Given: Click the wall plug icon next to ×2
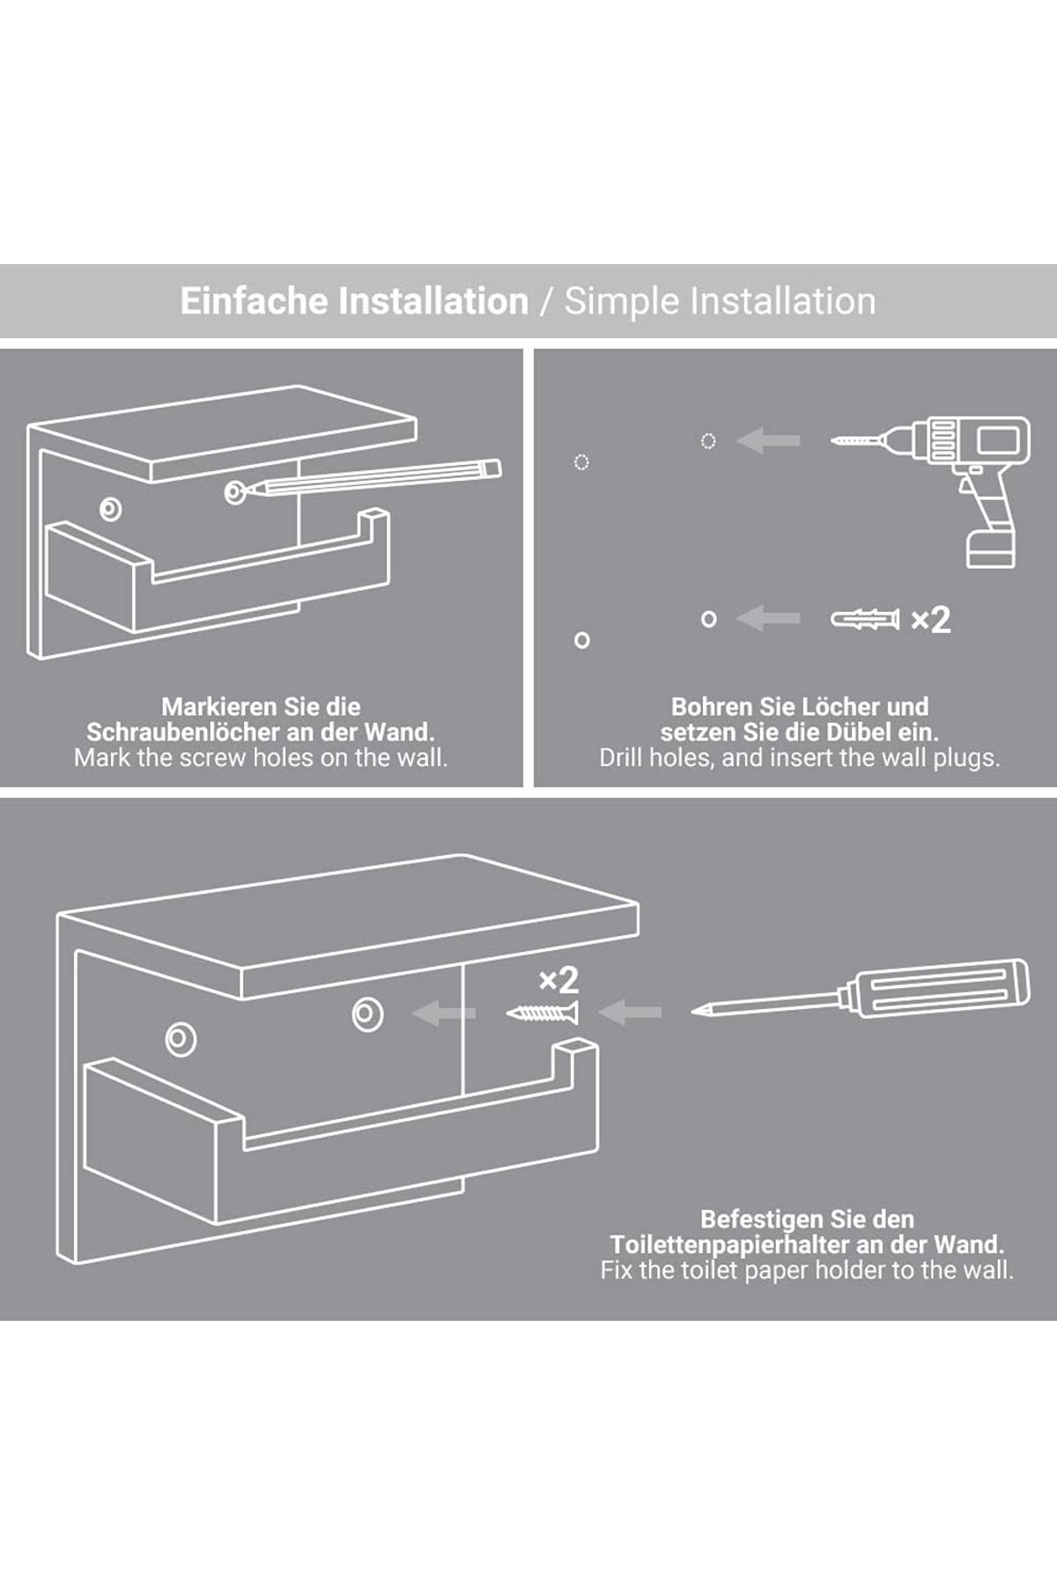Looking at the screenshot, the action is click(x=865, y=619).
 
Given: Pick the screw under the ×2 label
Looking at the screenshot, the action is click(x=543, y=1013).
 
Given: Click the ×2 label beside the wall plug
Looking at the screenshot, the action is click(x=931, y=620).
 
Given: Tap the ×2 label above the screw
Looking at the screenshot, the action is click(x=558, y=980).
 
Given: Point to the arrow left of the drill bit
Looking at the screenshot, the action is click(x=768, y=440).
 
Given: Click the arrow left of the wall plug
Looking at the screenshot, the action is click(x=768, y=619).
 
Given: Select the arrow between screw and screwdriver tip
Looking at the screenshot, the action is click(x=630, y=1013).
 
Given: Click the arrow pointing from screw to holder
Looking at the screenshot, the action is click(x=444, y=1014).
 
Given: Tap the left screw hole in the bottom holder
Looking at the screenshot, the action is click(x=181, y=1039).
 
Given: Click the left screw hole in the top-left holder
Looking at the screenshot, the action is click(x=111, y=508).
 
